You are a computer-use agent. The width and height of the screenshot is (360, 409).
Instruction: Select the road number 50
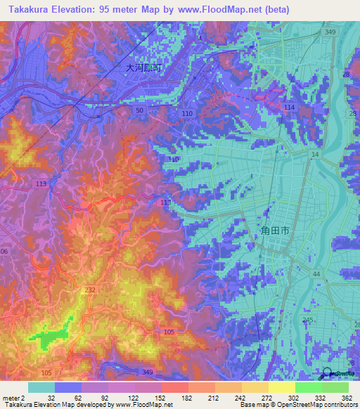coord(140,110)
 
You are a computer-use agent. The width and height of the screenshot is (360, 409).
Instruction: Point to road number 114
coord(289,107)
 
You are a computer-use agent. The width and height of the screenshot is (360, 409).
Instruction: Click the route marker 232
coord(90,290)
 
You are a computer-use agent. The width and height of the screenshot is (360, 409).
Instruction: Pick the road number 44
coord(316,273)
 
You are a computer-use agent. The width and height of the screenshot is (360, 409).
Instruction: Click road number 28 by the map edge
coord(353,114)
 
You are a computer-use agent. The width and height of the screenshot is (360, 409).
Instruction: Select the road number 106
coord(4,252)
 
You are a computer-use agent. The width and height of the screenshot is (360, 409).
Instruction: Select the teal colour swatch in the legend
coord(41,387)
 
